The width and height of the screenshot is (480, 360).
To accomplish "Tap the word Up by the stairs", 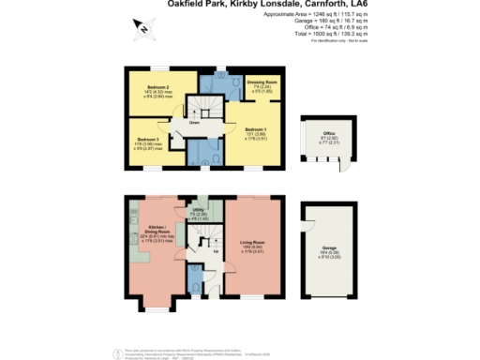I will pyautogui.click(x=217, y=252).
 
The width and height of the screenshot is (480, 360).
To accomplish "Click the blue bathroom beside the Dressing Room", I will pyautogui.click(x=225, y=83).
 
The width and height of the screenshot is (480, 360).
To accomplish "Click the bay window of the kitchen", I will pyautogui.click(x=155, y=302).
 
